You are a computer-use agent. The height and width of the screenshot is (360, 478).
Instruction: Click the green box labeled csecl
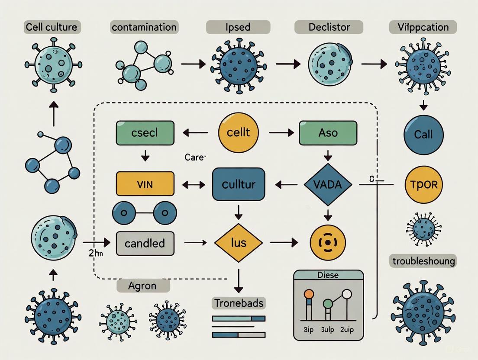pos(145,132)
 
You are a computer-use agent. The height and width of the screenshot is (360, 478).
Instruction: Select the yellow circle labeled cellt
pos(238,132)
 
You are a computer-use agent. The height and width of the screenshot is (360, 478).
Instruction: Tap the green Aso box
pos(328,132)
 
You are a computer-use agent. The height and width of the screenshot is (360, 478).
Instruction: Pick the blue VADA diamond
pos(328,185)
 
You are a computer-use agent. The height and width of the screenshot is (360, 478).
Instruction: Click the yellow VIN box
pos(145,183)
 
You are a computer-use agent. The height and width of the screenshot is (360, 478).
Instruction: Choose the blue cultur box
pos(238,184)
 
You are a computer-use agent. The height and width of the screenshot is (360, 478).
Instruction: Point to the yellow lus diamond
pos(238,243)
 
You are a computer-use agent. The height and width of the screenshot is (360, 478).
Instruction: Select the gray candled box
pos(145,243)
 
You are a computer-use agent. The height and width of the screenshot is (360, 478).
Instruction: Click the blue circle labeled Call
pos(423,135)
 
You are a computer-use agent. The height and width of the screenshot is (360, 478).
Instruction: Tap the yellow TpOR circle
pos(423,185)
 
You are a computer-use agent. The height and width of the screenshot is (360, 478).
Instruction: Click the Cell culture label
pos(52,27)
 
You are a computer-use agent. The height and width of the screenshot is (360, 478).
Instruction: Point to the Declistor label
pos(329,27)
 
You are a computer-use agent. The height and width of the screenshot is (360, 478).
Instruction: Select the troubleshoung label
pos(423,261)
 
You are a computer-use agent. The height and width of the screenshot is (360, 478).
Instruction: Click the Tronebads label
pos(239,303)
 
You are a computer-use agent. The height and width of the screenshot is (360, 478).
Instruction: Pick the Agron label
pos(143,286)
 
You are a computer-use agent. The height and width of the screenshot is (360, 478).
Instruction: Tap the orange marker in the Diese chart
pos(309,294)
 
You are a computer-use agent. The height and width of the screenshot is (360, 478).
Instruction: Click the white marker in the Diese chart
pos(347,295)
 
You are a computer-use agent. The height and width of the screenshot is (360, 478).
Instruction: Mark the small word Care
pos(194,157)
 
